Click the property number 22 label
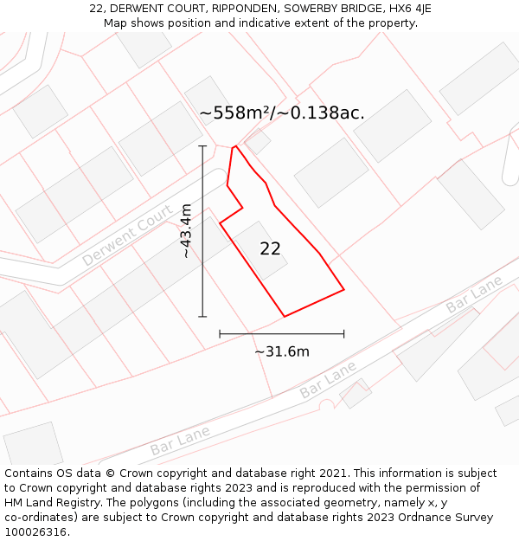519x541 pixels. coord(270,248)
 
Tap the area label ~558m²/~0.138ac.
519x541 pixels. coord(282,113)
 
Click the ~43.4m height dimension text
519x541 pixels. coord(186,231)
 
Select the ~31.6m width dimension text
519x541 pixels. coord(282,351)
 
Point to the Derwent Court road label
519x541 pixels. coord(127,229)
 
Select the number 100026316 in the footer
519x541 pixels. coord(34,532)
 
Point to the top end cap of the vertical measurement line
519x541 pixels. coord(202,146)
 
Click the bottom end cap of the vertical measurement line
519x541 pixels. coord(202,317)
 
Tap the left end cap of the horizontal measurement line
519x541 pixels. coord(220,333)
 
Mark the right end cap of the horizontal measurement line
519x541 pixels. coord(344,333)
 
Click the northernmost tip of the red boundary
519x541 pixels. coord(235,146)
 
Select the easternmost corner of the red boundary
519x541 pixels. coord(344,289)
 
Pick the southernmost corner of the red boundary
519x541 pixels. coord(284,316)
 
